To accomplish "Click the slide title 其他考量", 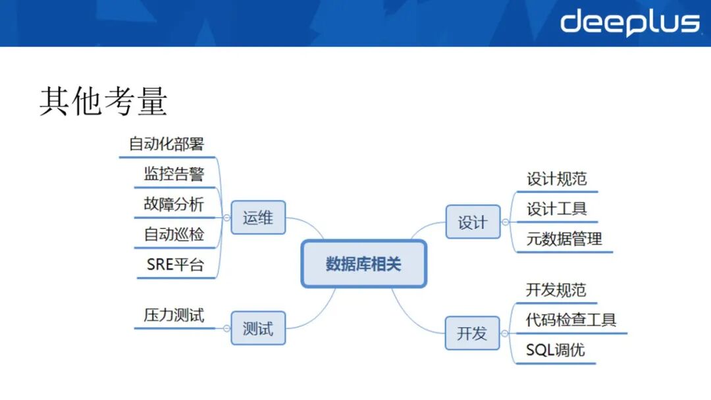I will click(103, 101).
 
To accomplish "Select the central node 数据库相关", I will click(363, 264).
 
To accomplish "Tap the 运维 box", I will click(258, 217).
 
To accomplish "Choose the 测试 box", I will click(258, 328).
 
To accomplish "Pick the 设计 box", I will click(473, 222).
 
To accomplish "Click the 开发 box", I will click(473, 333).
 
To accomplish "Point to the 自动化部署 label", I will click(167, 143).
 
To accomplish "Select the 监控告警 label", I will click(174, 174).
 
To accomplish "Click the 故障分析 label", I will click(174, 204).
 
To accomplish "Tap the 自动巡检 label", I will click(174, 234).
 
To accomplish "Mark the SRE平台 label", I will click(175, 264).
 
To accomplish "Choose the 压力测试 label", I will click(174, 314).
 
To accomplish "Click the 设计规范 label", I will click(556, 179).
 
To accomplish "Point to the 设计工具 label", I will click(556, 209).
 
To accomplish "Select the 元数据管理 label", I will click(564, 239).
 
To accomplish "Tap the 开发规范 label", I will click(556, 290).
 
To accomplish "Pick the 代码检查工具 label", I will click(571, 320).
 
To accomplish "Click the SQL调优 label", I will click(555, 350).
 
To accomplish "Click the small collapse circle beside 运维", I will click(226, 218).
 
